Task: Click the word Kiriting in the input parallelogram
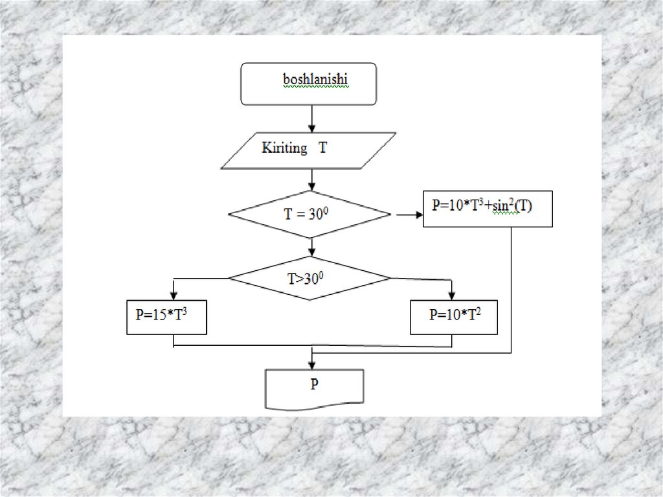click(284, 148)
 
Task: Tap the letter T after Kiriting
click(322, 148)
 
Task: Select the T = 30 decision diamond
click(309, 214)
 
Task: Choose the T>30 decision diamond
click(309, 278)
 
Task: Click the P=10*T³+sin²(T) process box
click(487, 209)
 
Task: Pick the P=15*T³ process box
click(166, 317)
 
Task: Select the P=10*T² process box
click(454, 317)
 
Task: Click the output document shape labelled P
click(315, 388)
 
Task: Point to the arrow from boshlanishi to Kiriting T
click(312, 119)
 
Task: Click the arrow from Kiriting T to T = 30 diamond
click(312, 179)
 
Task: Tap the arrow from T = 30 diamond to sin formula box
click(406, 214)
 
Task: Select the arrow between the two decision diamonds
click(312, 246)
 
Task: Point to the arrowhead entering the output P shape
click(312, 365)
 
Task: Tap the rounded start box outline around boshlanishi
click(242, 84)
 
